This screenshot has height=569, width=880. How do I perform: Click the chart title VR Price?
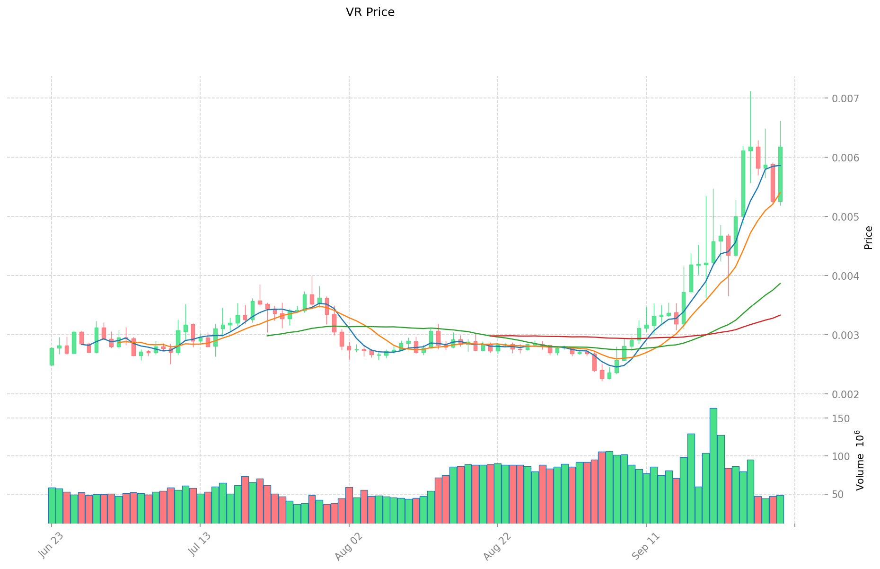[x=370, y=12]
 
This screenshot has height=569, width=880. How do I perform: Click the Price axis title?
[x=868, y=237]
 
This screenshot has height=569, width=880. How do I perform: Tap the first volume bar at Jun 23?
[x=52, y=505]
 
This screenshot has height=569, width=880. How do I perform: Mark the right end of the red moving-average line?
[x=780, y=315]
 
